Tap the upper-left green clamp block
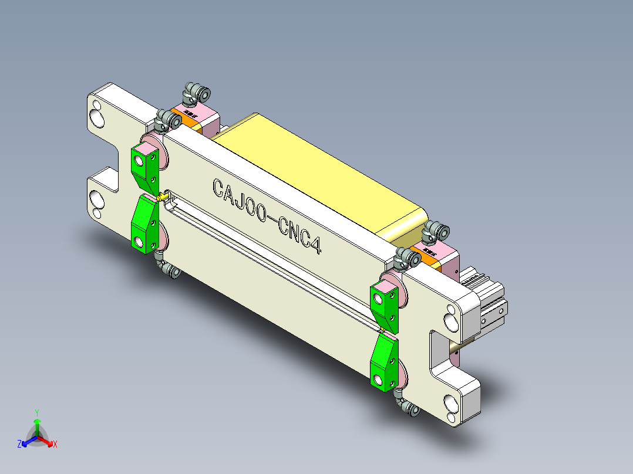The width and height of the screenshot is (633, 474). (x=145, y=167)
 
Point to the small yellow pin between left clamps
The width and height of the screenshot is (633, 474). (x=163, y=196)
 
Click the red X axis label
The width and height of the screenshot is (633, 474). (x=55, y=445)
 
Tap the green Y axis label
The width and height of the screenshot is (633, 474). (x=37, y=412)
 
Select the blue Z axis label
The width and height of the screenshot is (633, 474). (x=19, y=445)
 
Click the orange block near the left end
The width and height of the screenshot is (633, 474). (x=189, y=119)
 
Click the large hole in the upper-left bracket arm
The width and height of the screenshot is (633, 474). (x=97, y=120)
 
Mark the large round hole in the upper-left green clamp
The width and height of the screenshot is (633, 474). (x=140, y=158)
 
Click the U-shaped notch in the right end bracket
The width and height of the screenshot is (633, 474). (x=440, y=352)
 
